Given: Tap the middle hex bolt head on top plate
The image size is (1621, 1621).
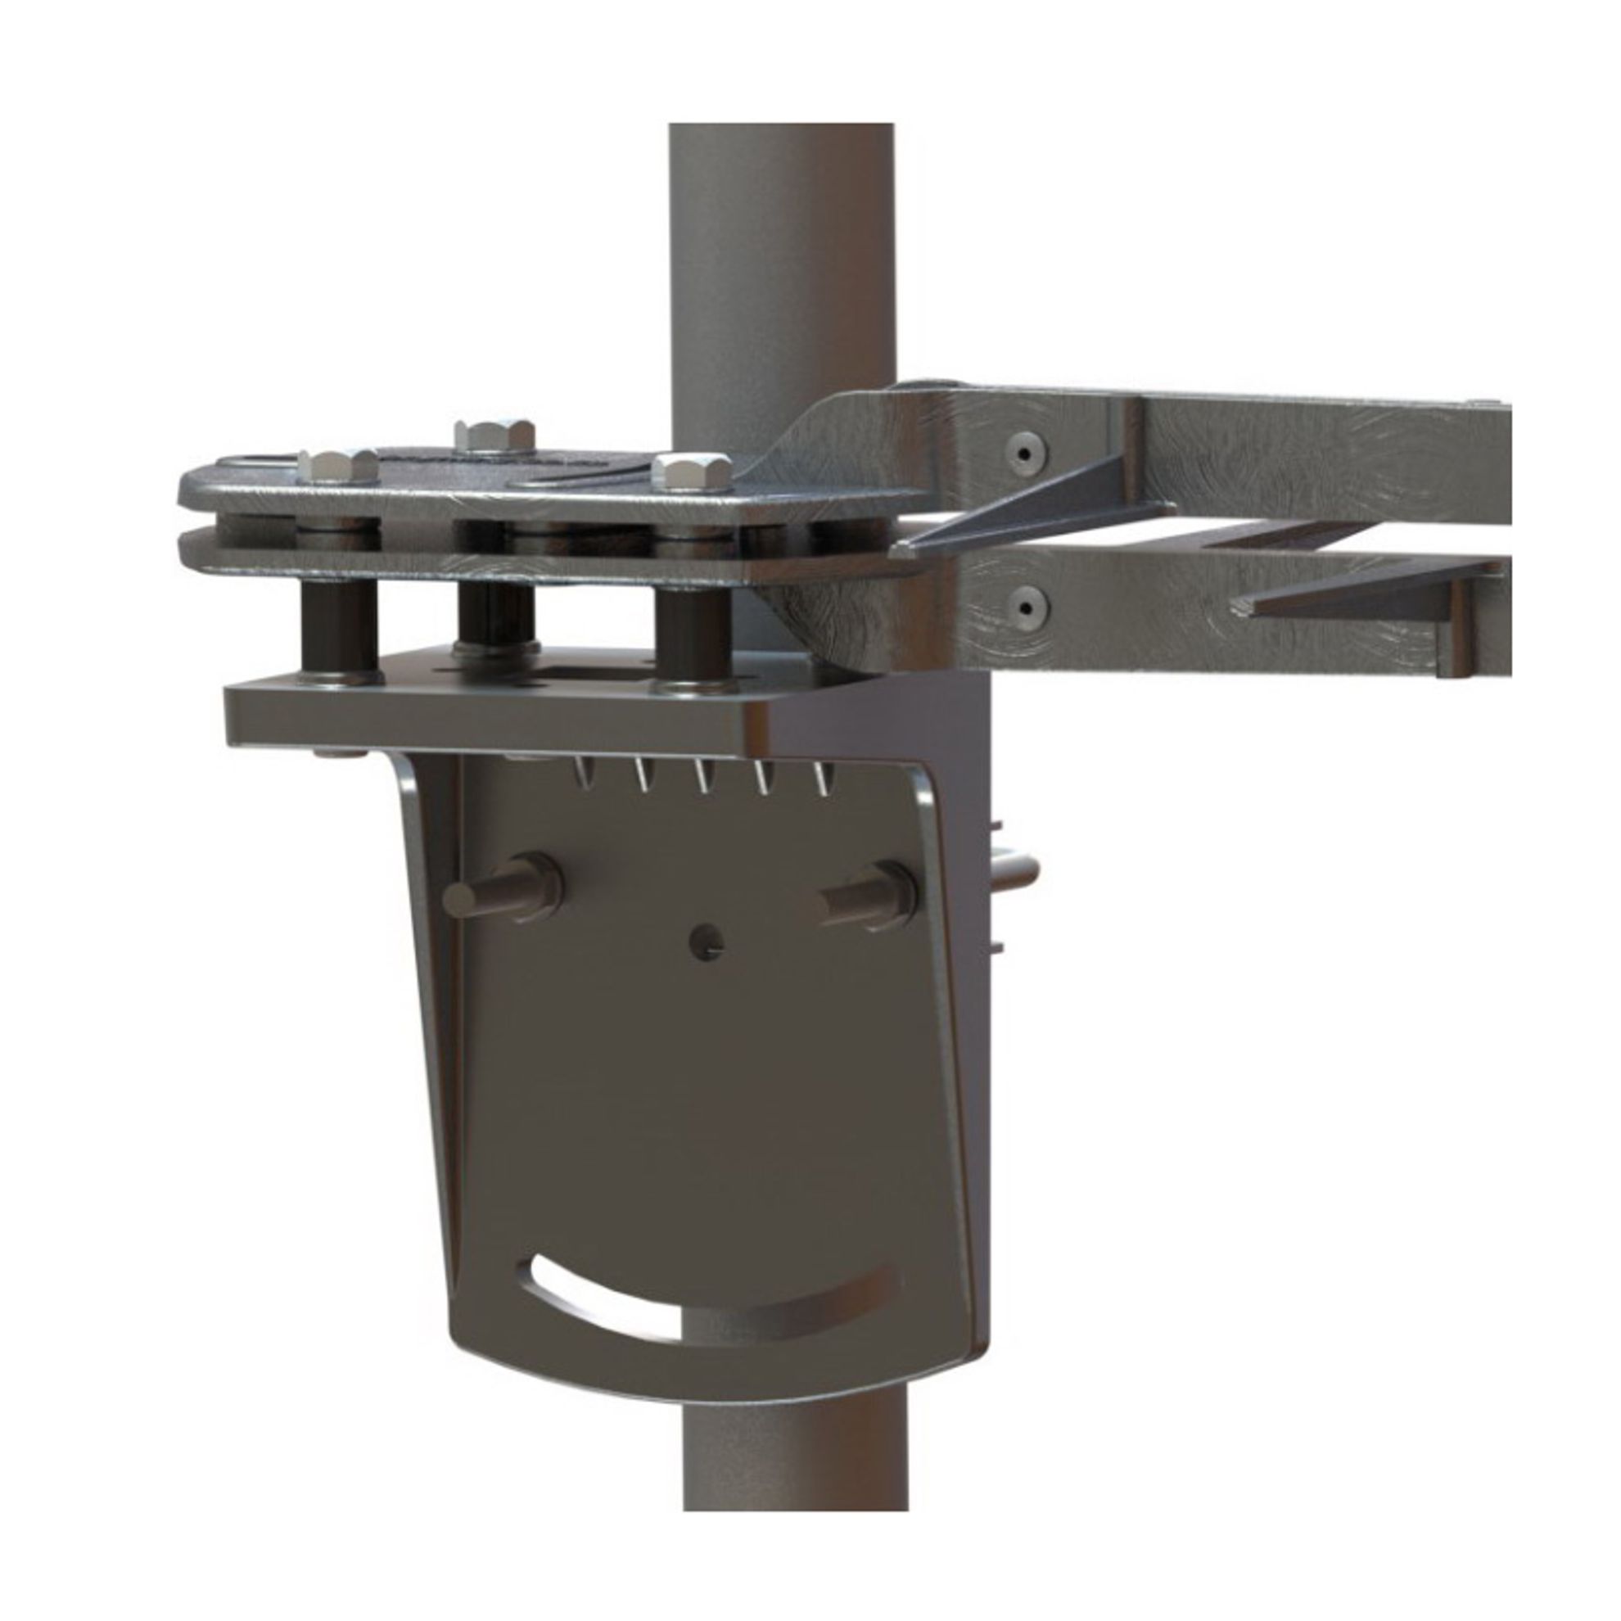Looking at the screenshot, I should pyautogui.click(x=494, y=434).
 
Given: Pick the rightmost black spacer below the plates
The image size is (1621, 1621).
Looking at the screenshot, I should pyautogui.click(x=693, y=636).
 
